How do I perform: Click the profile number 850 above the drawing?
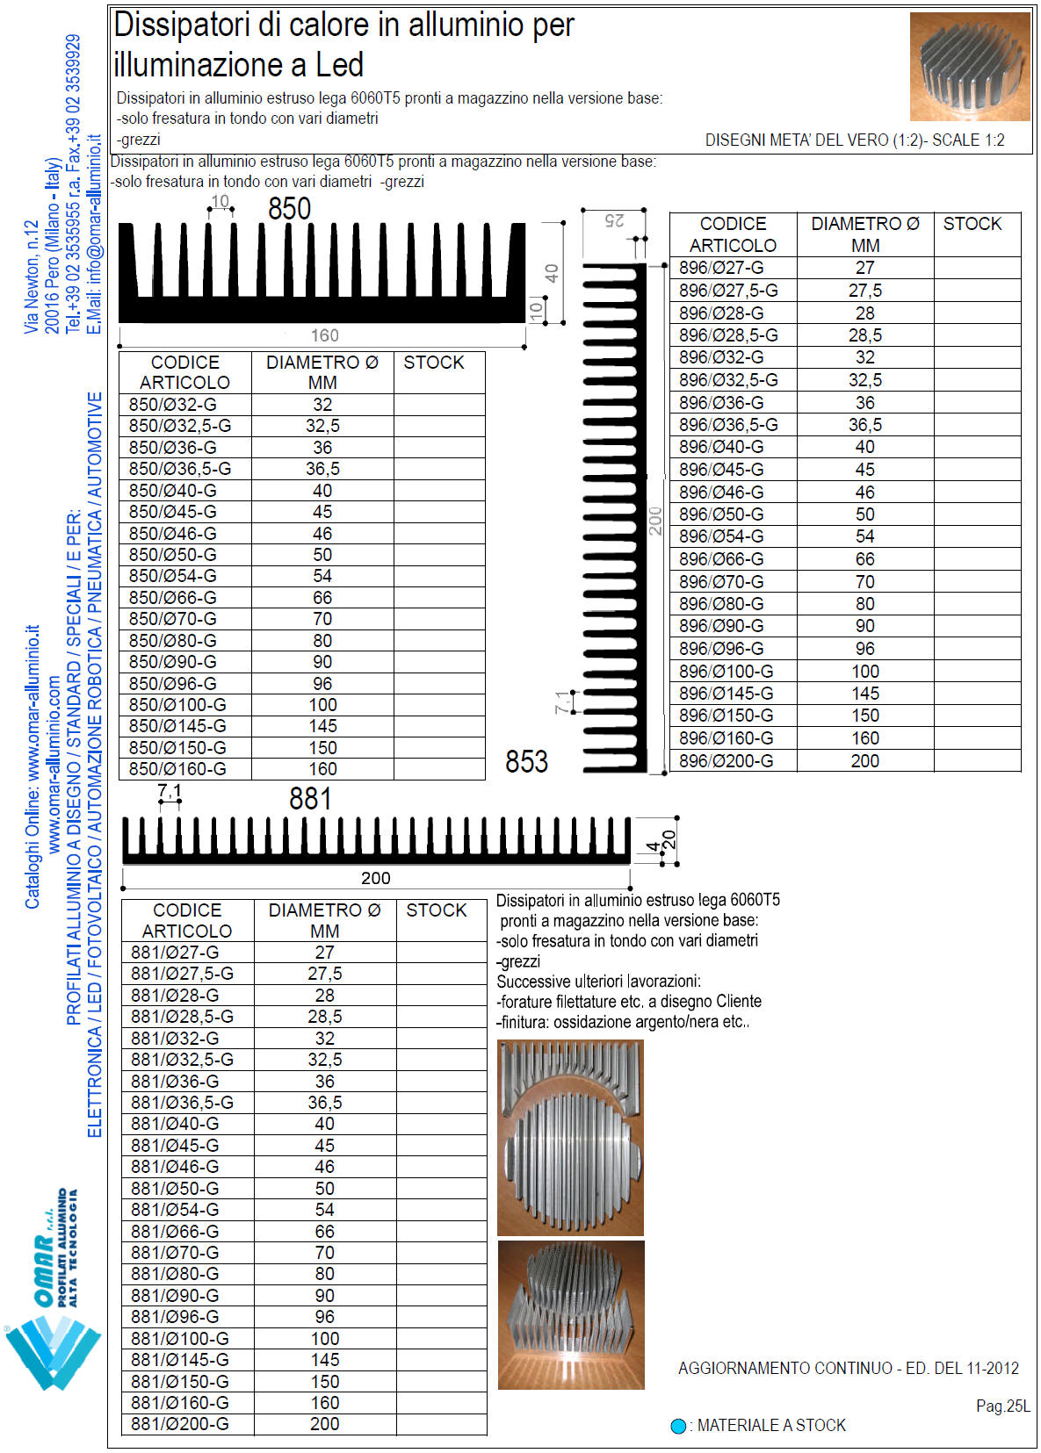click(x=289, y=209)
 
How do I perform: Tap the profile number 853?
click(x=526, y=761)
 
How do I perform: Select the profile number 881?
click(x=310, y=799)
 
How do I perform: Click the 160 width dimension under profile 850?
click(x=324, y=335)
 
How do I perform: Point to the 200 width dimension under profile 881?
click(x=375, y=878)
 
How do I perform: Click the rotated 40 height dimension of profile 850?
click(x=552, y=273)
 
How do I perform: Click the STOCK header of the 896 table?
click(x=972, y=224)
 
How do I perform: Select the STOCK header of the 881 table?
click(x=437, y=910)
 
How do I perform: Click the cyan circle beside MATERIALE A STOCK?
click(x=678, y=1426)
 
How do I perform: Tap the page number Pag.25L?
click(x=1002, y=1406)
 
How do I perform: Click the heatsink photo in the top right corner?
click(x=969, y=67)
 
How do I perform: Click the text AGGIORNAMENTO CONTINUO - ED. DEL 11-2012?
click(x=848, y=1368)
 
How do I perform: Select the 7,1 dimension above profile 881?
click(x=170, y=793)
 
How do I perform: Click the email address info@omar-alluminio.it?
click(x=95, y=234)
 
